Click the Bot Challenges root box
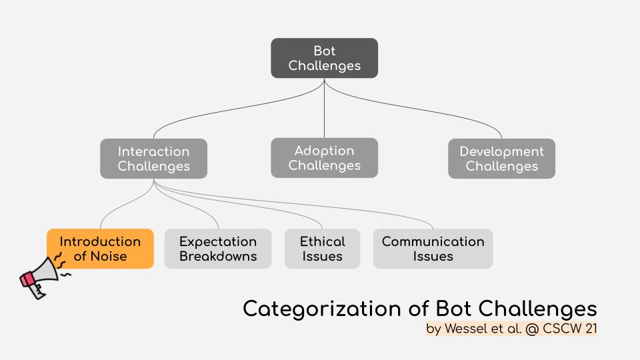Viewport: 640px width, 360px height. tap(324, 58)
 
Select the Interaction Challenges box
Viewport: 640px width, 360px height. tap(153, 159)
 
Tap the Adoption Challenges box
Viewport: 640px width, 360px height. tap(324, 158)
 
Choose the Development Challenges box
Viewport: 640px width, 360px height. tap(501, 159)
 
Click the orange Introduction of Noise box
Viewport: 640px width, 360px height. tap(100, 249)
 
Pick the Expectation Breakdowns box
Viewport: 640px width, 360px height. tap(218, 249)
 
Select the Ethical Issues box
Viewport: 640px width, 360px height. tap(322, 249)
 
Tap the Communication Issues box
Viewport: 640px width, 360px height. tap(433, 249)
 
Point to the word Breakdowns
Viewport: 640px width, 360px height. tap(218, 257)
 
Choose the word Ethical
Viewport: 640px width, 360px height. tap(322, 241)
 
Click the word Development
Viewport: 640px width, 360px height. tap(501, 151)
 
